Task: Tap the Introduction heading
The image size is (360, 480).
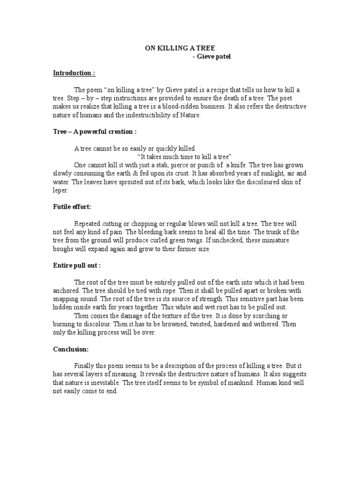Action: click(74, 73)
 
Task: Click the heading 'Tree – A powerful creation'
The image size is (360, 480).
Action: click(94, 132)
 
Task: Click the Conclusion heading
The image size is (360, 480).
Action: click(70, 349)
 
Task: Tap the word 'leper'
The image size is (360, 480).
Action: click(60, 190)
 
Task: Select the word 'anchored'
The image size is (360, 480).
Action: click(66, 291)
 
